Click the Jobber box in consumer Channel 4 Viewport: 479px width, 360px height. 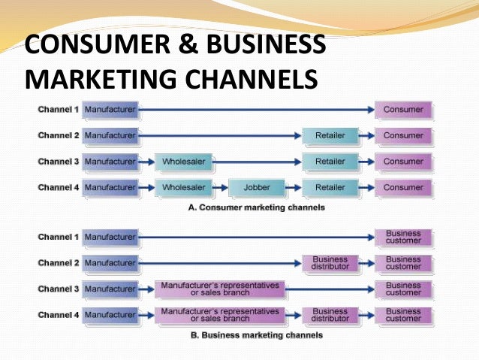(x=256, y=187)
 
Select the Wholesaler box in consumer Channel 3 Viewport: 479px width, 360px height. (x=184, y=162)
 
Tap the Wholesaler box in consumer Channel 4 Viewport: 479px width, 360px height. (x=184, y=187)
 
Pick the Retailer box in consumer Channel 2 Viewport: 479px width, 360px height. (x=330, y=136)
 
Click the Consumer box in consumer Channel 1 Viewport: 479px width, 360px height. (x=403, y=110)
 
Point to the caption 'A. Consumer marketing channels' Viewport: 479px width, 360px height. (x=256, y=207)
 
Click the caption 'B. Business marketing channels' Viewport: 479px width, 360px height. (x=256, y=335)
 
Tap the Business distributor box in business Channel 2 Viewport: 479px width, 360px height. (x=330, y=263)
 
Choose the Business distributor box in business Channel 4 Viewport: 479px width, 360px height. (x=330, y=315)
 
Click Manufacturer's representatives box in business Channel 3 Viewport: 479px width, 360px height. (x=220, y=289)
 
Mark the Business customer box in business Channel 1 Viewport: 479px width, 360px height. (x=403, y=237)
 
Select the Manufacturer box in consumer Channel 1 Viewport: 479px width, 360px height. (x=110, y=110)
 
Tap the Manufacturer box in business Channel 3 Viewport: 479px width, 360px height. (x=110, y=289)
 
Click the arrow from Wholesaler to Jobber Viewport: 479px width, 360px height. (x=219, y=187)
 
